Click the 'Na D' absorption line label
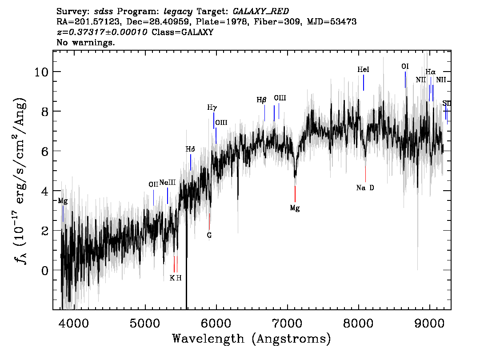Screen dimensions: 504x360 tap(365, 188)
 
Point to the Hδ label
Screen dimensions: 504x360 tap(190, 149)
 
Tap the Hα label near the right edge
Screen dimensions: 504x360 tap(430, 72)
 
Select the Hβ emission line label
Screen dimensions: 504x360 tap(261, 100)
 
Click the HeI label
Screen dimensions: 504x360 tap(363, 69)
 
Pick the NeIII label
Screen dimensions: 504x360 tap(168, 183)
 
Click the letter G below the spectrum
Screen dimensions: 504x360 tap(209, 235)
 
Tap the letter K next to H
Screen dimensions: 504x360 tap(172, 278)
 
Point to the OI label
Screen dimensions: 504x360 tap(405, 66)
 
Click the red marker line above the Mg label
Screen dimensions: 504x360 tap(295, 194)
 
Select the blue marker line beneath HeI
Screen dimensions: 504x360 tap(364, 83)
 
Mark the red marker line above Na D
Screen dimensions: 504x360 tap(365, 174)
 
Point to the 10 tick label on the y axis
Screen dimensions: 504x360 tap(42, 72)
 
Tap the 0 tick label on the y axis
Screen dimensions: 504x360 tap(45, 271)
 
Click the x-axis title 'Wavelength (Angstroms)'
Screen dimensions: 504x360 tap(252, 339)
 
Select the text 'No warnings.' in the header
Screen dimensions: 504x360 tap(85, 42)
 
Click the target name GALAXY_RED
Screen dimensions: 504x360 tap(261, 12)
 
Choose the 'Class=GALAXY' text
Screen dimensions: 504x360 tap(183, 32)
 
